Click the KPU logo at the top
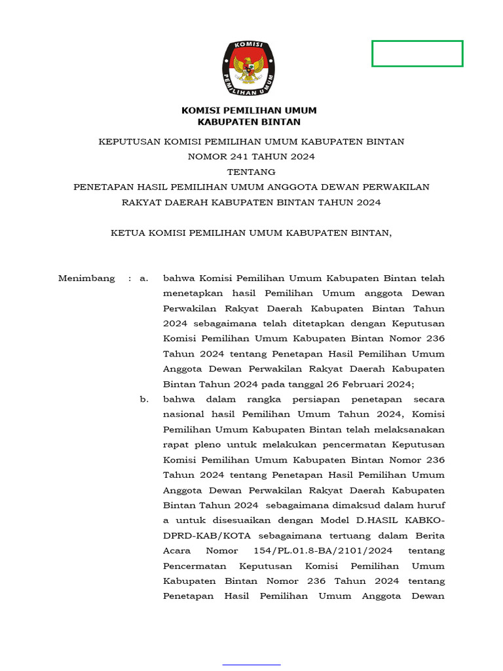click(x=248, y=64)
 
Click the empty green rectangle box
click(x=417, y=54)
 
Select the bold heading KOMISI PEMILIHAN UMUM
click(x=249, y=110)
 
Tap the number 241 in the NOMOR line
click(x=238, y=157)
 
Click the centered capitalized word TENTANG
click(x=251, y=172)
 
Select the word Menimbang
click(x=86, y=278)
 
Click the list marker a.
click(x=143, y=278)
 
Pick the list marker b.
click(x=143, y=399)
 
